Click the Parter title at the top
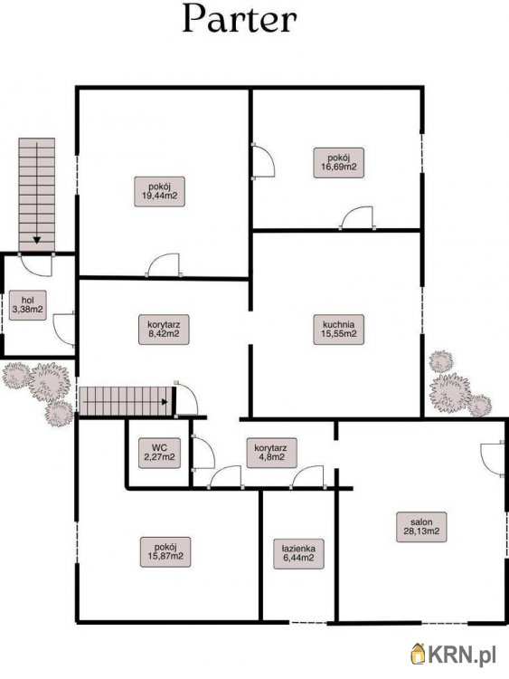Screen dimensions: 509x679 (240, 19)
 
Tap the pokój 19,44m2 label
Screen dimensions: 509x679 (160, 191)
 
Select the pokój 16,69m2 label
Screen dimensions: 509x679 (339, 163)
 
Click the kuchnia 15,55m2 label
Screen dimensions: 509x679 (339, 330)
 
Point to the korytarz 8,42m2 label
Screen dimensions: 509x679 (164, 330)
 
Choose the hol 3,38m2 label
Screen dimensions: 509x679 (28, 305)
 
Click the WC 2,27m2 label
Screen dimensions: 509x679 (160, 453)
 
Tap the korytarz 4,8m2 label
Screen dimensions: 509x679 (272, 453)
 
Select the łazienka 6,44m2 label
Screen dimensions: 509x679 (299, 553)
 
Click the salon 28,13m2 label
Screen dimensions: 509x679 (421, 527)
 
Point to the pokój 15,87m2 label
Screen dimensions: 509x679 (165, 551)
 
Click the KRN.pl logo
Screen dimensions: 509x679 (454, 654)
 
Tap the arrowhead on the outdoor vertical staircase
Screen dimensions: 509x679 (37, 240)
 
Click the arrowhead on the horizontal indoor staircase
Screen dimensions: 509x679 (165, 402)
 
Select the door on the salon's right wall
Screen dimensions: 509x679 (492, 459)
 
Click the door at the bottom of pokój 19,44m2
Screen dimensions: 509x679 (164, 264)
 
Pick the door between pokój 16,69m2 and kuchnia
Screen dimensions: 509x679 (357, 217)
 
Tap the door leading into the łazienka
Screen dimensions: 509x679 (307, 477)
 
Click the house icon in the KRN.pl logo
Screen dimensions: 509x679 (419, 654)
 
